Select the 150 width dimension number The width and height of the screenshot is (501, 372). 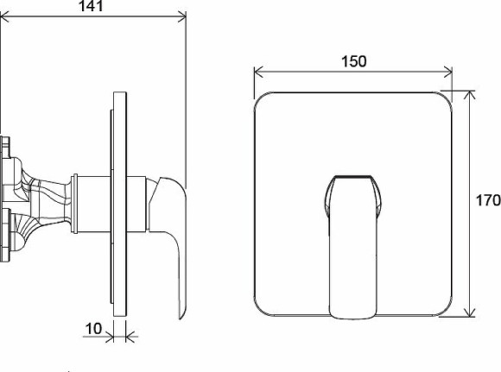tap(353, 61)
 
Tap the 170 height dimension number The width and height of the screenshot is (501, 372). tap(487, 200)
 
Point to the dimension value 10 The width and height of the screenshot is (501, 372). tap(95, 328)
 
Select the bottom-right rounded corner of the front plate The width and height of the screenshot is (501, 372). tap(447, 311)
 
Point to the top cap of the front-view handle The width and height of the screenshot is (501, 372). tap(354, 180)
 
